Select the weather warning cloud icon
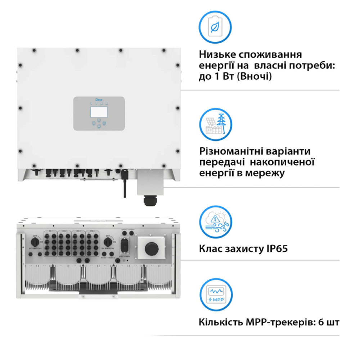point(215,221)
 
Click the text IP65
point(276,249)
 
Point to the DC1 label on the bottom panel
point(51,230)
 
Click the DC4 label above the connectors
point(92,230)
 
